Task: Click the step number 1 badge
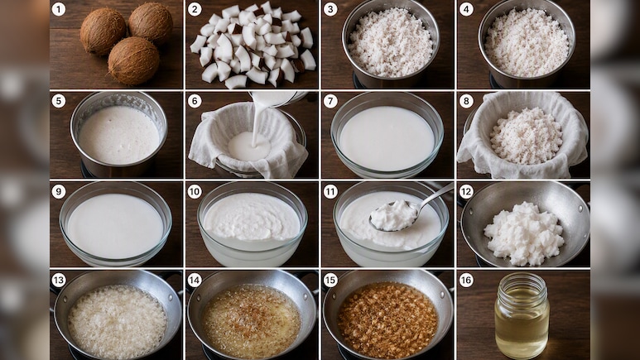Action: (x=58, y=9)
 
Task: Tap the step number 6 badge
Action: (x=195, y=101)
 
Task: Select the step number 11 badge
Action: (x=330, y=191)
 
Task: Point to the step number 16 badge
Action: (x=466, y=281)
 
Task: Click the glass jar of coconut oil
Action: (x=522, y=310)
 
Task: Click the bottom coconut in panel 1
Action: (x=133, y=60)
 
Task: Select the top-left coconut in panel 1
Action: (x=103, y=31)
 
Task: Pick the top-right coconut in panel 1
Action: (x=151, y=23)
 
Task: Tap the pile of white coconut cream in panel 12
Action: (x=524, y=233)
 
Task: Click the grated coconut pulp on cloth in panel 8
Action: (x=526, y=136)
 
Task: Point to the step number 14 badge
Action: (x=195, y=281)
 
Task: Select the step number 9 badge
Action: (x=58, y=191)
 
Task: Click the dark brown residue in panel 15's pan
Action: (x=387, y=319)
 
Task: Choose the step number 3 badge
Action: (x=330, y=9)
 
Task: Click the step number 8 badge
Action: (x=466, y=101)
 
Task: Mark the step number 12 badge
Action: (x=466, y=191)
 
